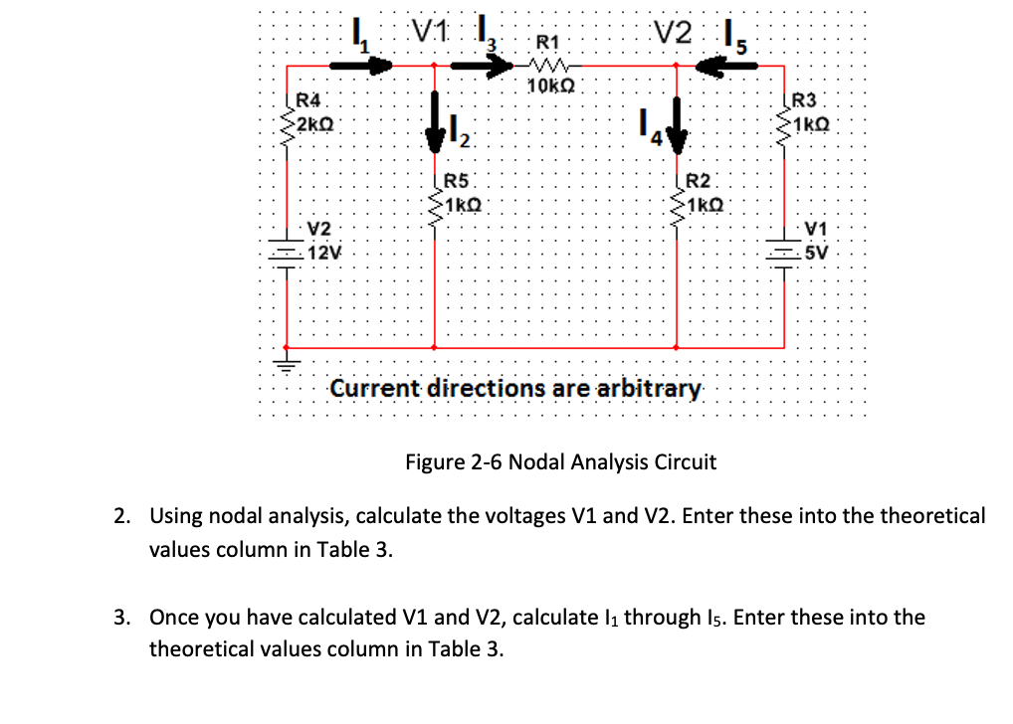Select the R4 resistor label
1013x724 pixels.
pos(310,99)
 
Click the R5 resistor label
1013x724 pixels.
pos(456,181)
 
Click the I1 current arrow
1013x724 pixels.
pos(361,66)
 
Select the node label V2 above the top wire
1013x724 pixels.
pos(672,32)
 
